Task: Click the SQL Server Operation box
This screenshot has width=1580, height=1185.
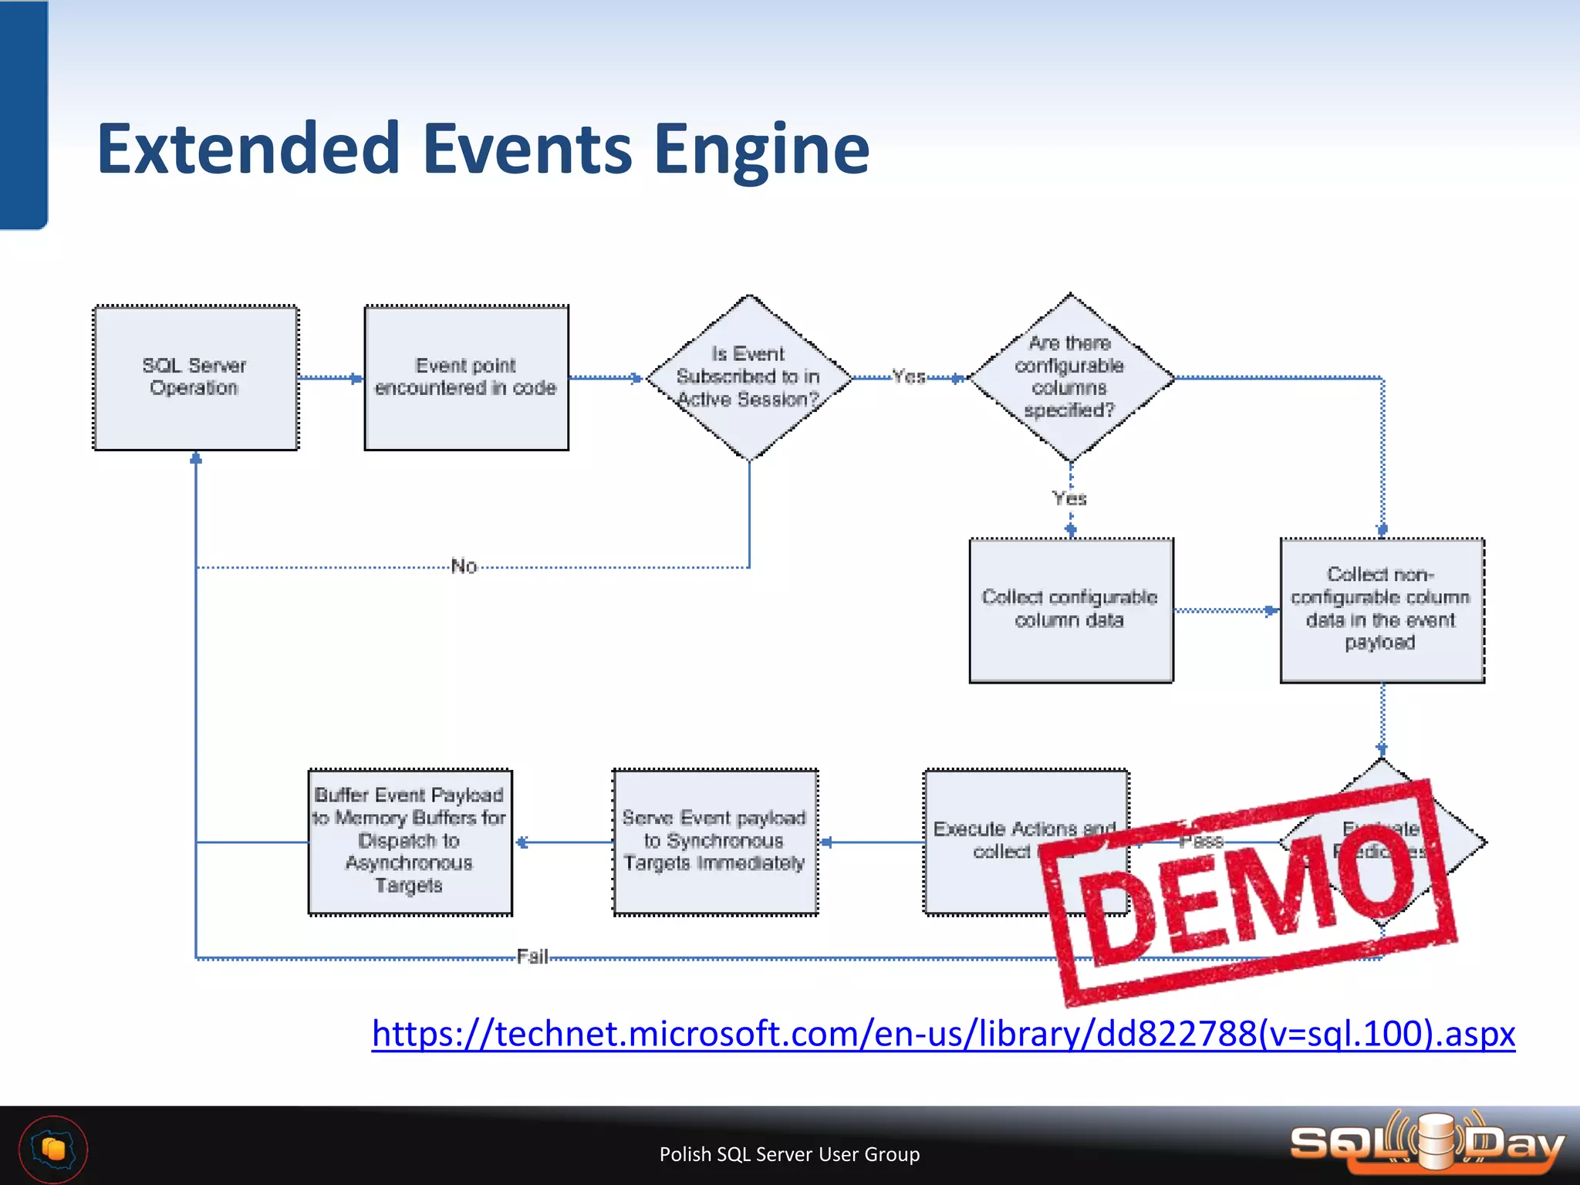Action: (x=195, y=377)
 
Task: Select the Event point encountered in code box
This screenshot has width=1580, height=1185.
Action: (x=466, y=377)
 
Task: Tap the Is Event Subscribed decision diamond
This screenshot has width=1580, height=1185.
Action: (x=748, y=377)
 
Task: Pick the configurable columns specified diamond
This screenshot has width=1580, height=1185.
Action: (x=1070, y=377)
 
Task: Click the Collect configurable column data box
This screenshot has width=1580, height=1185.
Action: (x=1071, y=609)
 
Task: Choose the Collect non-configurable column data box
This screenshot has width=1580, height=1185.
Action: (x=1382, y=609)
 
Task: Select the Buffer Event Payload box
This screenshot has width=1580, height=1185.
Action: (x=410, y=842)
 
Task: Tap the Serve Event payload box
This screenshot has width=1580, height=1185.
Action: (x=714, y=842)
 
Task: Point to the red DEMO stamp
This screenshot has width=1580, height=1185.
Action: (x=1250, y=895)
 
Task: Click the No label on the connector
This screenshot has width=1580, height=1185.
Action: (x=464, y=567)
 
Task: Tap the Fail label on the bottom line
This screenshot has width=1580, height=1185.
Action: (x=532, y=957)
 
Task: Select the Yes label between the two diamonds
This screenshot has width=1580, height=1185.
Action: (x=909, y=377)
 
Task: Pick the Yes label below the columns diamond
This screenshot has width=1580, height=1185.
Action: (x=1070, y=499)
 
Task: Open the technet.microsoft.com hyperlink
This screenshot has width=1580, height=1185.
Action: (x=943, y=1034)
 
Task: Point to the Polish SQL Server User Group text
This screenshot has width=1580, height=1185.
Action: (x=789, y=1154)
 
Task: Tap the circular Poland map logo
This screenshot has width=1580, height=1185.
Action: (x=53, y=1150)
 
